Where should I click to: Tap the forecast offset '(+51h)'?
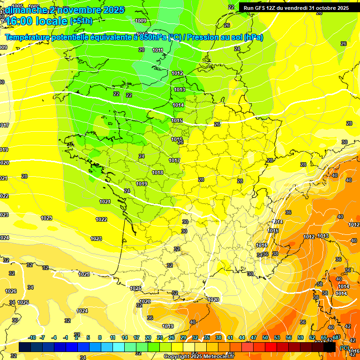pyautogui.click(x=81, y=21)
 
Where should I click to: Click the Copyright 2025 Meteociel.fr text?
pyautogui.click(x=199, y=357)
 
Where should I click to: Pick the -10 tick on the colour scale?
pyautogui.click(x=32, y=338)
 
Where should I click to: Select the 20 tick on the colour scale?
pyautogui.click(x=148, y=338)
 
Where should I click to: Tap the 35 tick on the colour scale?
pyautogui.click(x=207, y=338)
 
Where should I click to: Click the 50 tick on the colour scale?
pyautogui.click(x=265, y=338)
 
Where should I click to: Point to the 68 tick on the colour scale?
pyautogui.click(x=336, y=338)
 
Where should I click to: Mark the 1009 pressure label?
pyautogui.click(x=140, y=21)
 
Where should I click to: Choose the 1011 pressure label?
pyautogui.click(x=157, y=50)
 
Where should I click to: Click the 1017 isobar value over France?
pyautogui.click(x=174, y=161)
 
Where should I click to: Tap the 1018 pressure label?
pyautogui.click(x=157, y=172)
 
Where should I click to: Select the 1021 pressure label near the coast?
pyautogui.click(x=105, y=202)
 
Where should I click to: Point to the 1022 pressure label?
pyautogui.click(x=101, y=219)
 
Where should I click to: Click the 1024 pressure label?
pyautogui.click(x=82, y=311)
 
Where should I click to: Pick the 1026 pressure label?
pyautogui.click(x=11, y=291)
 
